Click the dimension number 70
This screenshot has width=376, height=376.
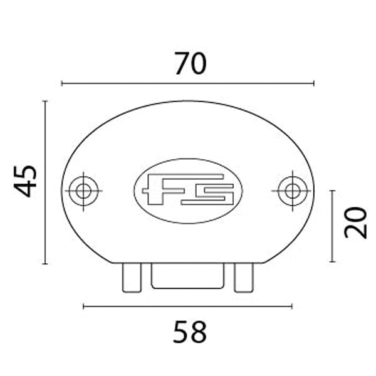(x=190, y=63)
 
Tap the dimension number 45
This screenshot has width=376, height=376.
(x=26, y=181)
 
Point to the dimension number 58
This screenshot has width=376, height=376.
(x=189, y=332)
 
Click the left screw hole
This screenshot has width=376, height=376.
(x=83, y=190)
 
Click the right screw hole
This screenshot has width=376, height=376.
(x=292, y=190)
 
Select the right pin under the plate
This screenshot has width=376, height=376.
(x=244, y=277)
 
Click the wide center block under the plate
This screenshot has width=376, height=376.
(x=188, y=276)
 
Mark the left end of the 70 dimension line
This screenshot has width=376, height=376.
(x=61, y=83)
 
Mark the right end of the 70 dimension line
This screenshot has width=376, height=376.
(x=314, y=83)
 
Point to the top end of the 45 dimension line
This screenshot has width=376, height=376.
(x=45, y=101)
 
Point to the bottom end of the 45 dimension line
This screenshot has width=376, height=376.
(x=45, y=263)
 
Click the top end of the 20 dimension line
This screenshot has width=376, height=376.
(x=332, y=191)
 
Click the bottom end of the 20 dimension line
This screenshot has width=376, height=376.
(x=332, y=262)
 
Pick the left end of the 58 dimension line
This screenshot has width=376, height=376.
(x=83, y=306)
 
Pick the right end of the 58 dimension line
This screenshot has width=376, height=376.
(x=292, y=306)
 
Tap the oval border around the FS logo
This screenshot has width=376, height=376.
(x=188, y=159)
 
